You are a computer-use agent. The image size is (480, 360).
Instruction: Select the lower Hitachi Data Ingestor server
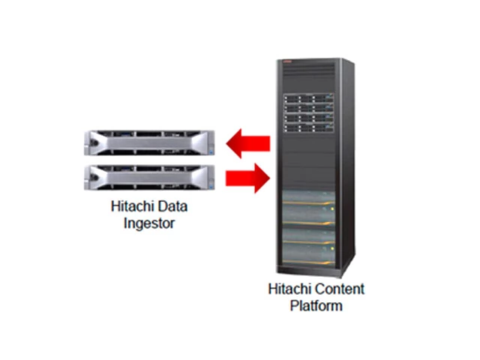[x=150, y=176]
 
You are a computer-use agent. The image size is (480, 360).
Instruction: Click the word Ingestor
[x=148, y=223]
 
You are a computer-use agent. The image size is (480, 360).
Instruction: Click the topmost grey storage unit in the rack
[x=307, y=198]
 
